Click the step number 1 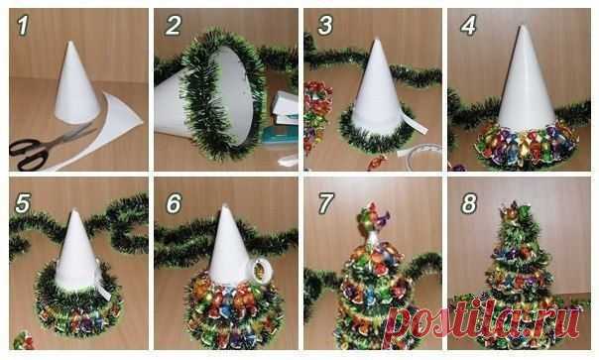coord(23,26)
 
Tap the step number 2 coord(173,26)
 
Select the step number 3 coord(325,26)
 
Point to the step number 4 coord(468,26)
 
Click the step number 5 coord(23,203)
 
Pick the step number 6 coord(174,203)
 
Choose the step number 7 coord(326,203)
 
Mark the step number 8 coord(469,203)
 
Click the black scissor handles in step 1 coord(29,153)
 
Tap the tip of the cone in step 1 coord(70,42)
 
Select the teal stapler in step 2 coord(280,135)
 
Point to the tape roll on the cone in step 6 coord(260,271)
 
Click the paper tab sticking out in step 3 coord(414,123)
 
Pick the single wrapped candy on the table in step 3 coord(376,162)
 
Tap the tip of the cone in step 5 coord(74,210)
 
